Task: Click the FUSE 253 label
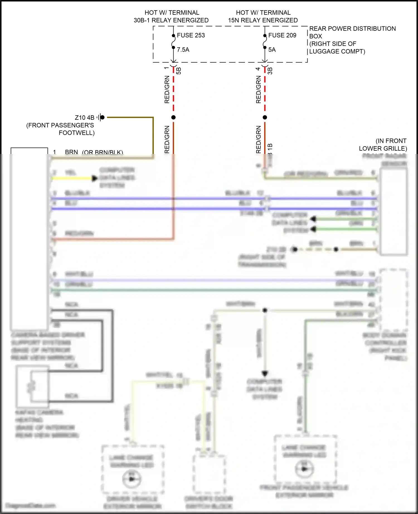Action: tap(191, 35)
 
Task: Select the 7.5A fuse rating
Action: tap(183, 50)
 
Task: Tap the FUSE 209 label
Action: tap(282, 35)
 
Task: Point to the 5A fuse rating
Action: tap(272, 50)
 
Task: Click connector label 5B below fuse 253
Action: tap(179, 71)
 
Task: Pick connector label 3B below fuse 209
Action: tap(270, 71)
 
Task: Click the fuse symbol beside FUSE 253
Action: tap(173, 41)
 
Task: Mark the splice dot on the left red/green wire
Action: tap(173, 118)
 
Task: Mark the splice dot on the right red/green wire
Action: tap(265, 118)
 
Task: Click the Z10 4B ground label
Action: tap(84, 118)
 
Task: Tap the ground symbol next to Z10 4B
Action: tap(101, 118)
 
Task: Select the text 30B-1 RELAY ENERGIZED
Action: tap(171, 20)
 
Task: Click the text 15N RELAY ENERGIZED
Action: tap(263, 20)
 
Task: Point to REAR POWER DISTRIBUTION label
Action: tap(352, 29)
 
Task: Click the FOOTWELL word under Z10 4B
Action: tap(77, 133)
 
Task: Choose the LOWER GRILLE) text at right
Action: tap(383, 148)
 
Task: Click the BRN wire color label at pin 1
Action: tap(71, 152)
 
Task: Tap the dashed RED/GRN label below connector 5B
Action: tap(167, 90)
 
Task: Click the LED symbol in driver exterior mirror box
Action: tap(132, 479)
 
